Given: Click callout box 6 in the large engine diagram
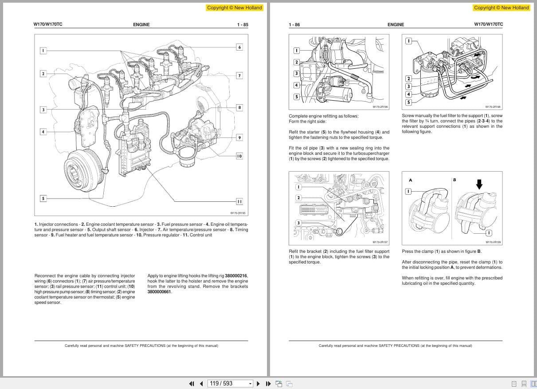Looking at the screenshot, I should pos(239,47).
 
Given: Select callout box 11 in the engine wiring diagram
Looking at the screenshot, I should pos(239,201).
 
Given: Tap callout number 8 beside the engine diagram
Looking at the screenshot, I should pos(239,107).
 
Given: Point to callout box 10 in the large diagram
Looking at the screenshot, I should pos(239,156).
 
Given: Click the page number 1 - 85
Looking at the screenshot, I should pos(243,25).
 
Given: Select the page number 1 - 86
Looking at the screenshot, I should pos(294,25).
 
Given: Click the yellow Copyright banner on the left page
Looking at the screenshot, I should pos(235,8).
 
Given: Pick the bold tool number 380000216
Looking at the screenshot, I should pos(236,276).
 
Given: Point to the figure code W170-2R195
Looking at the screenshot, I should pos(238,213).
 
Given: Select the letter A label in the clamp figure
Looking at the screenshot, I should pos(410,180).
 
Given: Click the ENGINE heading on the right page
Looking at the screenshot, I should pos(396,25).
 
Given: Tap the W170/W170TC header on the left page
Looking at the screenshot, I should pos(48,24).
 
